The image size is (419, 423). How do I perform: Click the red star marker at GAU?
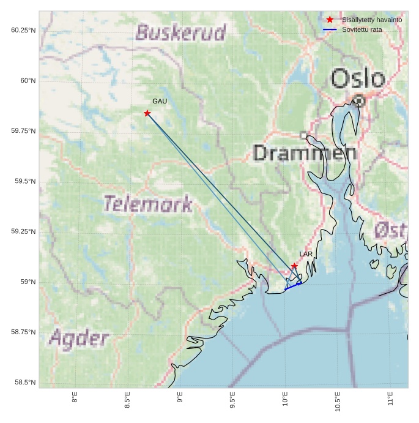(147, 113)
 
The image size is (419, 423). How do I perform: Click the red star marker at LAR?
(294, 266)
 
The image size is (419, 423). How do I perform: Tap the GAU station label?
(160, 101)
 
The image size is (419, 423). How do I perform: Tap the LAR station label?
(306, 253)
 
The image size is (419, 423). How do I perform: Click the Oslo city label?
(358, 79)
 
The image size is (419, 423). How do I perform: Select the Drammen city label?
(305, 153)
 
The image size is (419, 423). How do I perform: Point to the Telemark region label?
(148, 204)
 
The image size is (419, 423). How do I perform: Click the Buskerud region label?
(180, 32)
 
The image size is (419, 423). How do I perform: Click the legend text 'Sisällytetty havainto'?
(372, 20)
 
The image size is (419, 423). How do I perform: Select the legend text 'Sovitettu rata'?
(362, 29)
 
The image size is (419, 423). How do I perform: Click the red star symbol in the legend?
(330, 20)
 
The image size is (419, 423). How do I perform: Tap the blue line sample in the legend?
(330, 29)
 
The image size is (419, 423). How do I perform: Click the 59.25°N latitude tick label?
(23, 231)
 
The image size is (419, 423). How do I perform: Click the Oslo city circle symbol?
(359, 100)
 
